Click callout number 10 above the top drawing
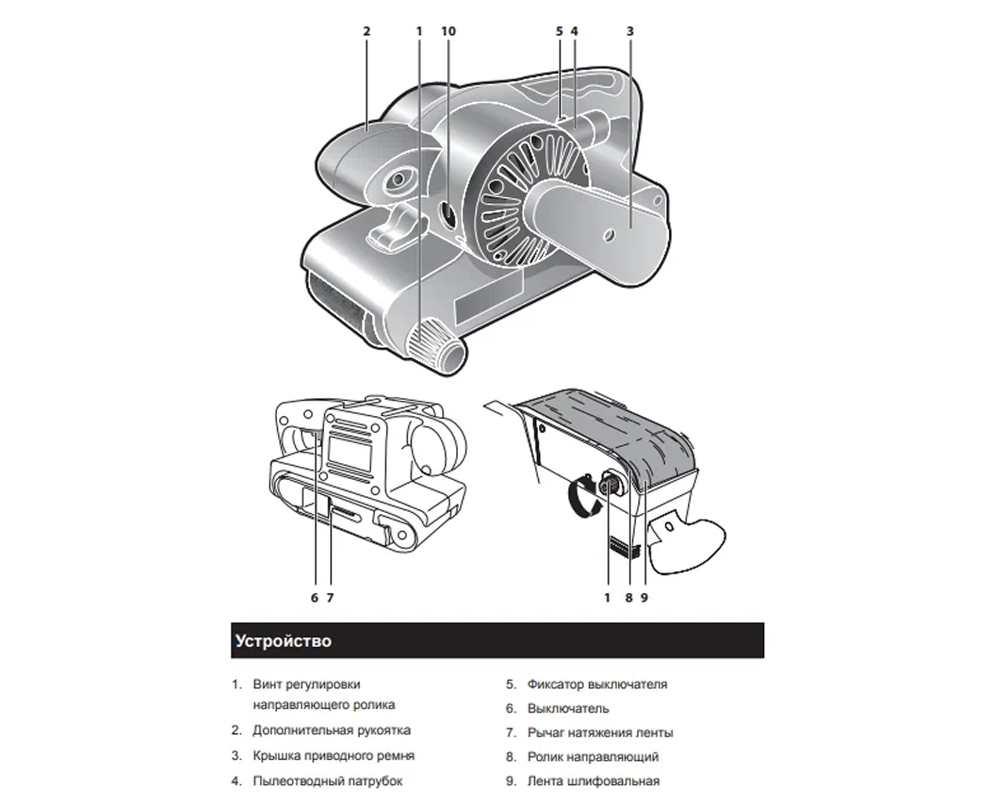448,31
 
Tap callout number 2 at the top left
367,31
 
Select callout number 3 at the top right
630,31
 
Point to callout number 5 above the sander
559,31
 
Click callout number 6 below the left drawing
314,597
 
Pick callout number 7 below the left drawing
330,597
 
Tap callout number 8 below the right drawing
629,597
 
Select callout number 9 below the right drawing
644,597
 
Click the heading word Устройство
284,641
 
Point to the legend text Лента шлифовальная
593,781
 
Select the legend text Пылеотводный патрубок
328,781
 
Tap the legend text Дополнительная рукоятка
332,730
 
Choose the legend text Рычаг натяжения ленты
600,733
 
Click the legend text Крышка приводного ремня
333,756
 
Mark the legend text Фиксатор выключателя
597,684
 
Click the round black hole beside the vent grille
448,216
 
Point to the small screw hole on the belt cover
608,235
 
